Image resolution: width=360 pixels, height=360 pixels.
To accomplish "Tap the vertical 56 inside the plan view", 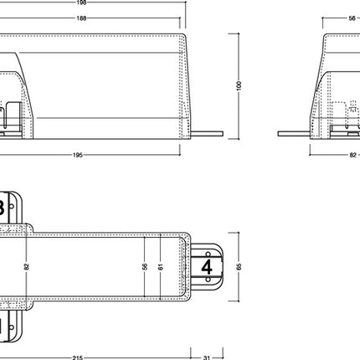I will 146,266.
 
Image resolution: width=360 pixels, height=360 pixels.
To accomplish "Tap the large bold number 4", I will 207,267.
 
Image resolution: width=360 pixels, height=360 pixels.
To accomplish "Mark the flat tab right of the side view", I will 206,133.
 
